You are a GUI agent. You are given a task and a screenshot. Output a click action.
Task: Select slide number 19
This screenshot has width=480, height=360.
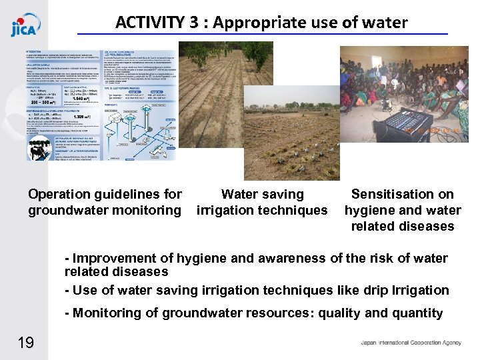(26, 343)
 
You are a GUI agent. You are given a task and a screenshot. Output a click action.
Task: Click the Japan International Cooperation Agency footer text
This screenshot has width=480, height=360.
(411, 343)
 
